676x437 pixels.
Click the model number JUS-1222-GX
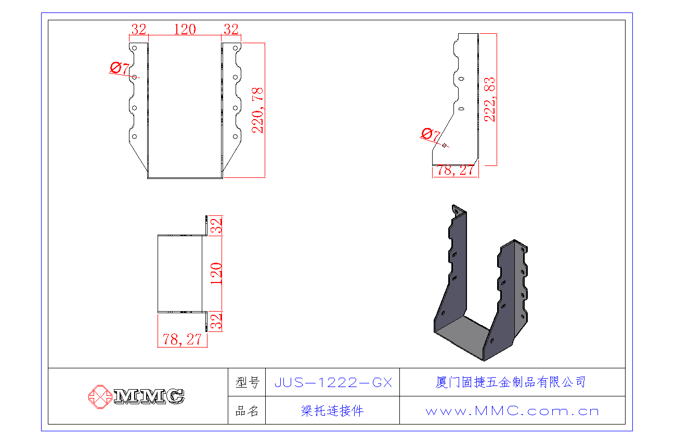tap(333, 383)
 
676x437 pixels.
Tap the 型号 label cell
tap(247, 383)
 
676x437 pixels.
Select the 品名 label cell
tap(247, 411)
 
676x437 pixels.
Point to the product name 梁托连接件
tap(333, 411)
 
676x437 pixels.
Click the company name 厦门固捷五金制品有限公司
tap(511, 382)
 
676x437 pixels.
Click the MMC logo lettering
tap(149, 396)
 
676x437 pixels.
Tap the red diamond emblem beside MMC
tap(99, 396)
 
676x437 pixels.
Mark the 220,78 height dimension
tap(258, 110)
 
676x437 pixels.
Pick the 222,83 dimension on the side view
tap(490, 99)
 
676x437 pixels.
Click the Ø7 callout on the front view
tap(120, 68)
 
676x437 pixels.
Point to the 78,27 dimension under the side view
tap(456, 170)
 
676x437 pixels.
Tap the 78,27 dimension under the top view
tap(182, 340)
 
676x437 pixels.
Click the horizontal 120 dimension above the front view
tap(185, 29)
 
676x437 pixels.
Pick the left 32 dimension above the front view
tap(138, 29)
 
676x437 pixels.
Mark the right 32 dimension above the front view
tap(231, 29)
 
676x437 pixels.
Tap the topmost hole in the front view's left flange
tap(134, 48)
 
